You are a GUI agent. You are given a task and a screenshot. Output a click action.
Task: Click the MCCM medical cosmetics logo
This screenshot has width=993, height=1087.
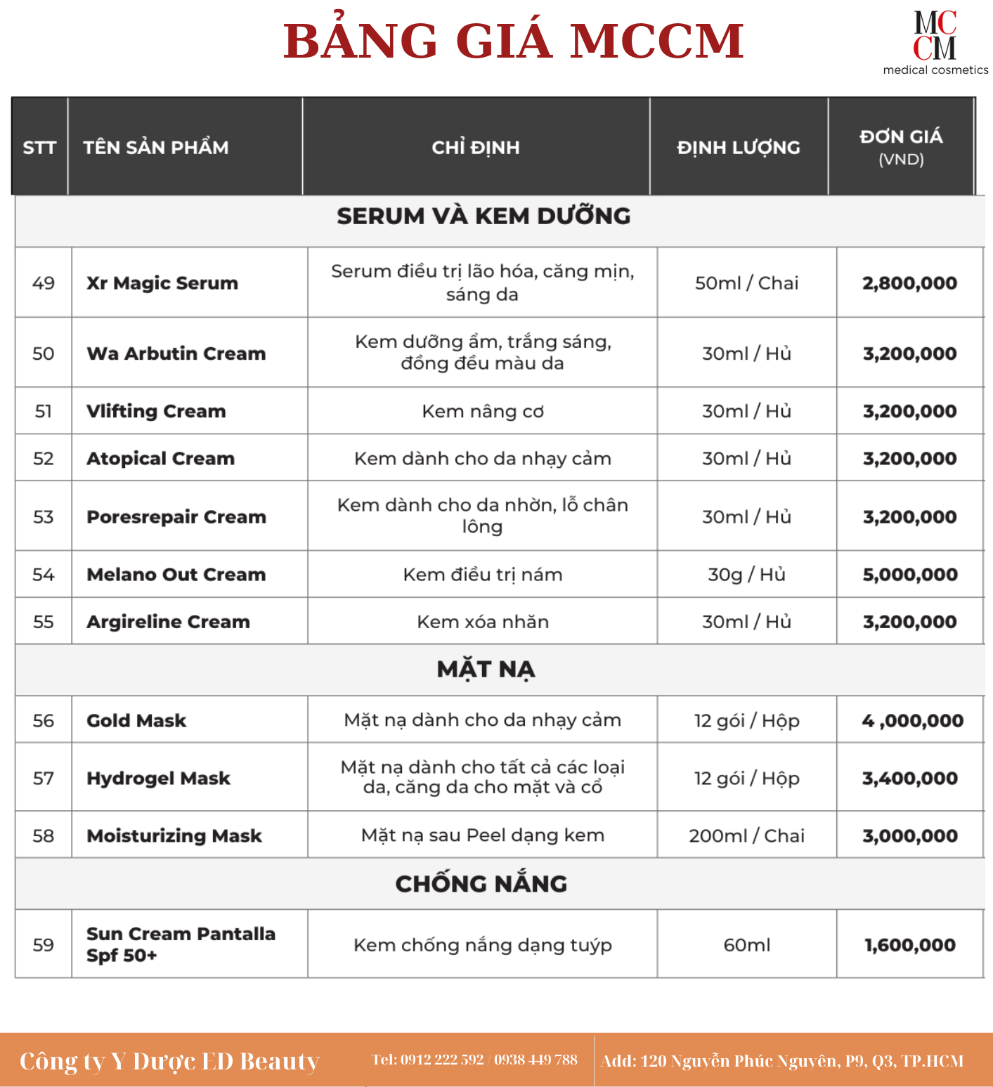coord(935,42)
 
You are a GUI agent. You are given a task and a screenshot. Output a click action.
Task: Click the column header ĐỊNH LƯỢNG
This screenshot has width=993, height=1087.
coord(738,148)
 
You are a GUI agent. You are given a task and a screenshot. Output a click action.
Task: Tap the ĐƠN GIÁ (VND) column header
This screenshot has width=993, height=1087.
coord(901,147)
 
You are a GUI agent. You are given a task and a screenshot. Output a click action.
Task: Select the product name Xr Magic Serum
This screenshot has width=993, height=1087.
coord(162,283)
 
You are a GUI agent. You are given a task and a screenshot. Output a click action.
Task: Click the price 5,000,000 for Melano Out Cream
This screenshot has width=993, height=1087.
coord(910,575)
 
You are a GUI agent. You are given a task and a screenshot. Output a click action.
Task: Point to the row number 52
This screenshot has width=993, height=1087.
coord(44,459)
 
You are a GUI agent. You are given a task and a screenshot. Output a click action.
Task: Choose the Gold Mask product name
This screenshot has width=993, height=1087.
coord(136,721)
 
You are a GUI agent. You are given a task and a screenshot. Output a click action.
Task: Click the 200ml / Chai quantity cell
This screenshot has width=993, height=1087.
coord(746,836)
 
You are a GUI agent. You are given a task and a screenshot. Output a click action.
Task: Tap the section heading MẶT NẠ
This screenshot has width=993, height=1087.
coord(486,670)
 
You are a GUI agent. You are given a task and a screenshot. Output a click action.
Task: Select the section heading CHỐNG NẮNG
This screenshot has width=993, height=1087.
coord(481,884)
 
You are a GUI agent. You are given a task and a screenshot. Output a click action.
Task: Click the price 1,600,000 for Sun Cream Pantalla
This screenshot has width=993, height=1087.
coord(910,945)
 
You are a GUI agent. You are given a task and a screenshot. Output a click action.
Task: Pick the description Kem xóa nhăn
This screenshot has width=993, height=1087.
coord(483,622)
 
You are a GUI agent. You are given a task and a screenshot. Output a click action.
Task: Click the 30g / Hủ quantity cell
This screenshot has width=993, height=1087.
coord(746,575)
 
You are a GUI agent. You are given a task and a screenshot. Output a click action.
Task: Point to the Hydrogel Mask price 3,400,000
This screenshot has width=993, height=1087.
coord(910,779)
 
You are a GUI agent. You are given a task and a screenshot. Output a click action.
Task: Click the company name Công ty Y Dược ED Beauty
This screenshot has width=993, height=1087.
coord(169,1061)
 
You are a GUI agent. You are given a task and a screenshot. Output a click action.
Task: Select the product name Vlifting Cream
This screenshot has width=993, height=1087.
coord(156,412)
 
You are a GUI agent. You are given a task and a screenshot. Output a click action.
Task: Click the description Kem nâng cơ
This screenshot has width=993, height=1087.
coord(483,412)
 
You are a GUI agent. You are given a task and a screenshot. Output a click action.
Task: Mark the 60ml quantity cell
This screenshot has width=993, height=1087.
coord(746,945)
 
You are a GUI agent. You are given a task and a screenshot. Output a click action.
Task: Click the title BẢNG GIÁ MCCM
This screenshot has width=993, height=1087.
coord(513,41)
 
